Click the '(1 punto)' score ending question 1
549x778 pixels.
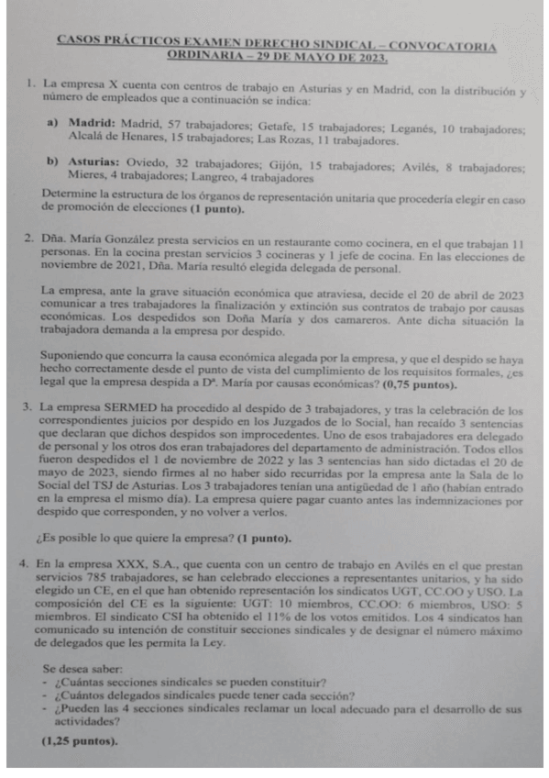click(x=216, y=210)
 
